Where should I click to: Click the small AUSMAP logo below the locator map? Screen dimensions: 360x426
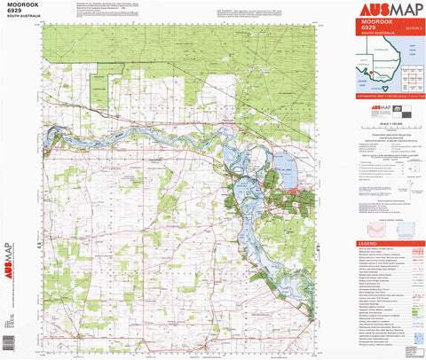(x=369, y=106)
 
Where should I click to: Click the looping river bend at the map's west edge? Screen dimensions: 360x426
(x=54, y=136)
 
